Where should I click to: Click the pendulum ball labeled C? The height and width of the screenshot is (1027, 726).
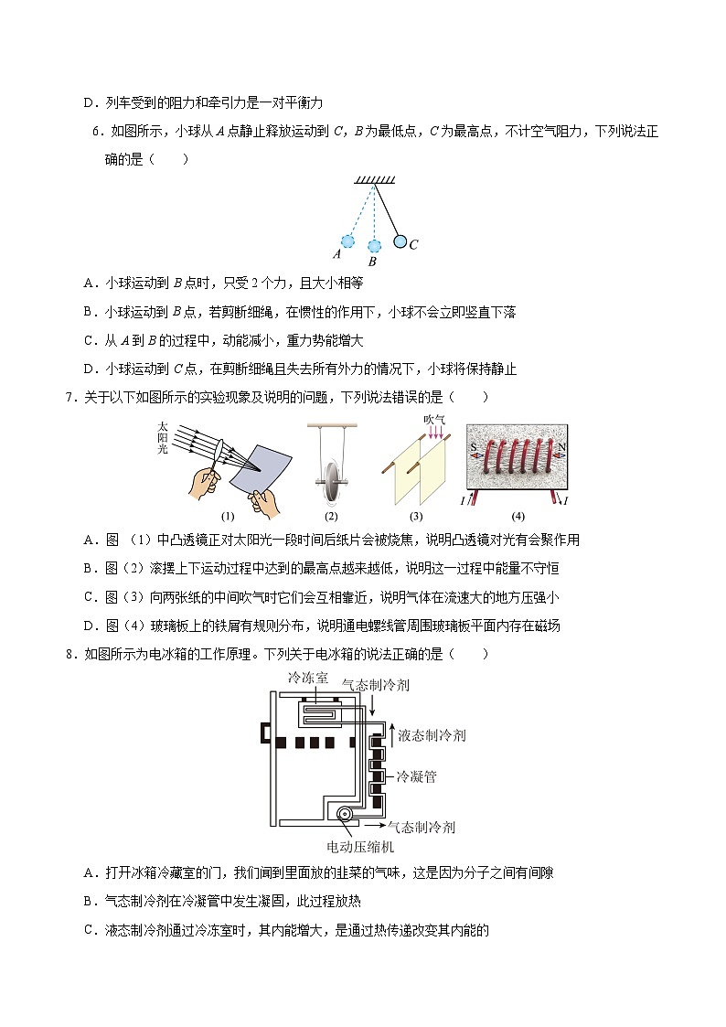coord(400,242)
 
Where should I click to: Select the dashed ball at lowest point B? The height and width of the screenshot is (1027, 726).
coord(373,246)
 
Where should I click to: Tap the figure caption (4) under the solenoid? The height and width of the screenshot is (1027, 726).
coord(518,516)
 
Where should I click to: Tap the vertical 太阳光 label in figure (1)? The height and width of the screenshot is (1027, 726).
coord(163,437)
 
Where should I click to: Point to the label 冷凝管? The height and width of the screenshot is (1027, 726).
coord(416,776)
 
